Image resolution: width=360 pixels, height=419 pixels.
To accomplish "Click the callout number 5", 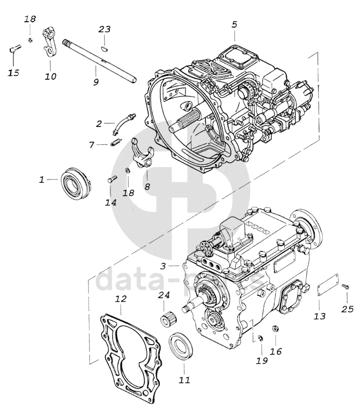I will [x=234, y=24].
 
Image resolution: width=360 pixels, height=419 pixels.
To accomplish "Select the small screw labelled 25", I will [x=346, y=286].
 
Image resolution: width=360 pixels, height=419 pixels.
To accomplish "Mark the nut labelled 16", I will [x=275, y=329].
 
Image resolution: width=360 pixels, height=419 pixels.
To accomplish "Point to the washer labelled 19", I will [x=260, y=339].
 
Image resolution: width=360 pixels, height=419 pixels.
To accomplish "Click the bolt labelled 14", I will [x=110, y=181].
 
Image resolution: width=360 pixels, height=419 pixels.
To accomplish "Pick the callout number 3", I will [x=163, y=266].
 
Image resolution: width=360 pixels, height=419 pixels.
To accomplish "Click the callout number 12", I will [x=121, y=299].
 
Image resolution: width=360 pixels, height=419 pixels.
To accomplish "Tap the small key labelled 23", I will [x=104, y=48].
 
